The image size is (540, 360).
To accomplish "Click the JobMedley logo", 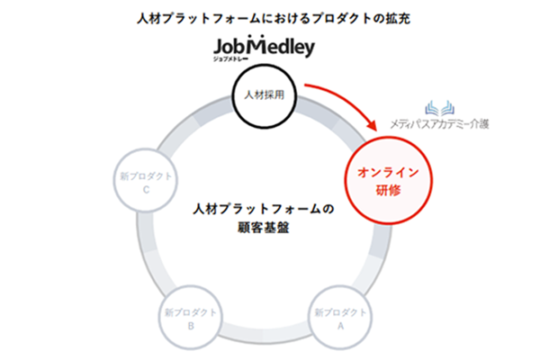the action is coord(264,46).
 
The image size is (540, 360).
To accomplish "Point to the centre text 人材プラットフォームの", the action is coord(264,209).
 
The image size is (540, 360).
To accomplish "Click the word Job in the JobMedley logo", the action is coord(232,46).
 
